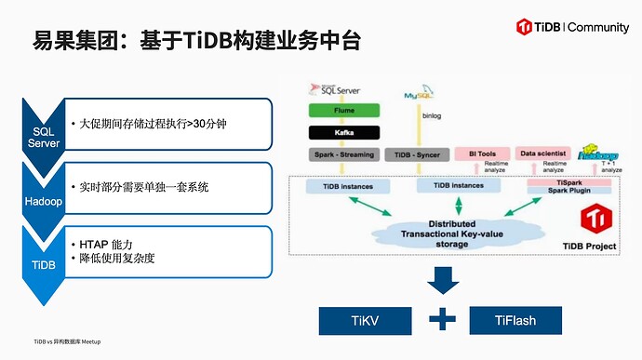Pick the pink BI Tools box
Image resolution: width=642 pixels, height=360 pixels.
point(480,153)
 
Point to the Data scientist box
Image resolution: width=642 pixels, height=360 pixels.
point(542,153)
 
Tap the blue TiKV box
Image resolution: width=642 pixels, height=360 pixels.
point(365,321)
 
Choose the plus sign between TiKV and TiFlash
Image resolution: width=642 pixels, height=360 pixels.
point(442,320)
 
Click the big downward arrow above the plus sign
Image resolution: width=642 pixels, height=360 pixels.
point(443,280)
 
